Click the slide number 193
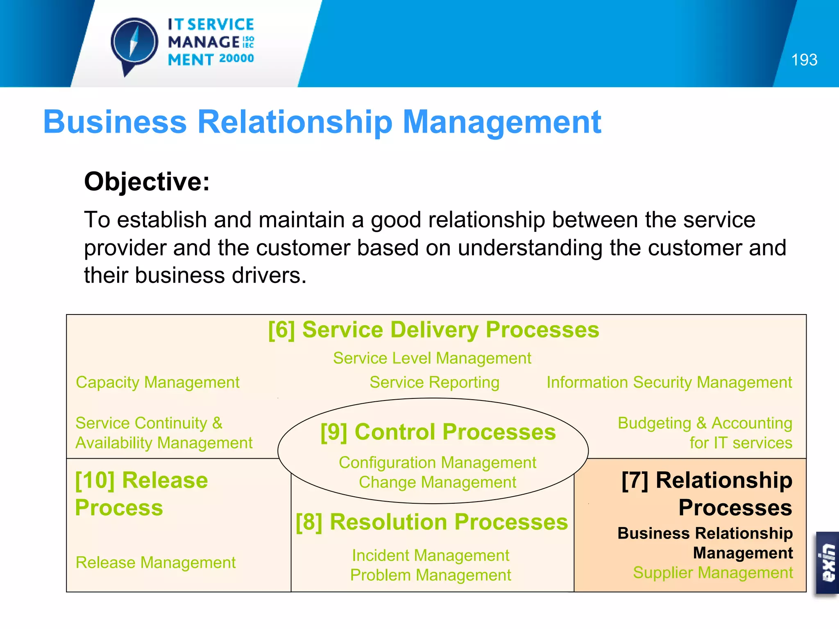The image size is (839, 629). tap(804, 60)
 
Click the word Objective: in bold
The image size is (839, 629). tap(147, 181)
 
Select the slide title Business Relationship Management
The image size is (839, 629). tap(322, 122)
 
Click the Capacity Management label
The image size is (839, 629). tap(158, 382)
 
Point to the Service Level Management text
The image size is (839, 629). tap(432, 358)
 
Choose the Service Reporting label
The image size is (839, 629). tap(434, 382)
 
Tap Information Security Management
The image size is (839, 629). tap(669, 382)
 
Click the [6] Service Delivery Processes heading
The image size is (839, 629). tap(433, 330)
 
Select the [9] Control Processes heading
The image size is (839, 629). tap(438, 432)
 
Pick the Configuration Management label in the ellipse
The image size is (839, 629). tap(437, 463)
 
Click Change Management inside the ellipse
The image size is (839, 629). tap(437, 482)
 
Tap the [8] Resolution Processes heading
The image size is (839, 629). tap(432, 522)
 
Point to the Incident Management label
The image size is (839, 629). tap(431, 556)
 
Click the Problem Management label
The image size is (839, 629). tap(431, 575)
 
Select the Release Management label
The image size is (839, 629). tap(156, 563)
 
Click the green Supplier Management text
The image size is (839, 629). tap(712, 572)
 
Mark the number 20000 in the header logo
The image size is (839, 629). tap(236, 59)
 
